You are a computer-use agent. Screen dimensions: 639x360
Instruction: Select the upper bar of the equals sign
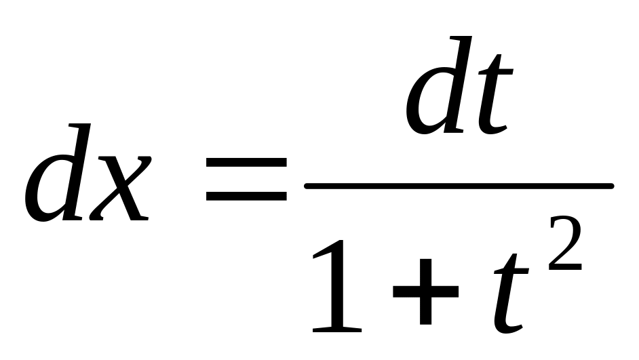click(x=246, y=163)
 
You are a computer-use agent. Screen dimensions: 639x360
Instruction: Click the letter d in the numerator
click(x=438, y=85)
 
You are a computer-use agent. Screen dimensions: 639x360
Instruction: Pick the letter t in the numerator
click(x=495, y=94)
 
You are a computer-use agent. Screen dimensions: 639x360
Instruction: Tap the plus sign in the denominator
click(x=425, y=292)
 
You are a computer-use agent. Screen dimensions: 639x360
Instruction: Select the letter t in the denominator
click(x=511, y=293)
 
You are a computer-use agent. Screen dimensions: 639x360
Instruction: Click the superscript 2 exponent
click(x=566, y=243)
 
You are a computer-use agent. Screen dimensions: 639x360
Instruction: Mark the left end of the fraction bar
click(x=307, y=186)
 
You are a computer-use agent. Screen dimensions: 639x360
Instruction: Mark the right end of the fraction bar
click(x=611, y=186)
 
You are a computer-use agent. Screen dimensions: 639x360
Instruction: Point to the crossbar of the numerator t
click(x=496, y=72)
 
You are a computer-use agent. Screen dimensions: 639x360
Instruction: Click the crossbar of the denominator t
click(x=511, y=271)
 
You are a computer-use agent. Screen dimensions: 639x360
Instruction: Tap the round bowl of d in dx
click(x=45, y=188)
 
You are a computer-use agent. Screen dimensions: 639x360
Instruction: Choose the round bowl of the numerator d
click(x=426, y=101)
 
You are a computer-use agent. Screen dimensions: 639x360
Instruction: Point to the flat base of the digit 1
click(x=337, y=329)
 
